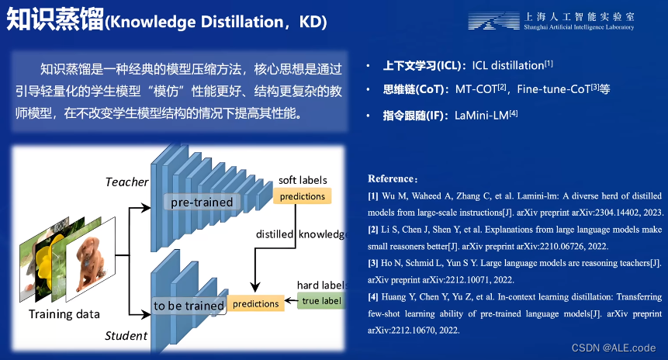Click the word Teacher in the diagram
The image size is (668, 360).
click(x=126, y=182)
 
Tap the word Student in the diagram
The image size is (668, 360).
click(x=126, y=336)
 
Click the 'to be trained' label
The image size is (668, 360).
click(x=189, y=306)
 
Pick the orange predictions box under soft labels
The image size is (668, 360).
click(x=302, y=196)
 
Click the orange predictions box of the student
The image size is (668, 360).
click(x=255, y=303)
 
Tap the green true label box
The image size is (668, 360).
click(x=320, y=301)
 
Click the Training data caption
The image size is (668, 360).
click(x=64, y=314)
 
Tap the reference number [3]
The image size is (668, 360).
click(x=373, y=263)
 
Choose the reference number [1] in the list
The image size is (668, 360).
click(x=373, y=196)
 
